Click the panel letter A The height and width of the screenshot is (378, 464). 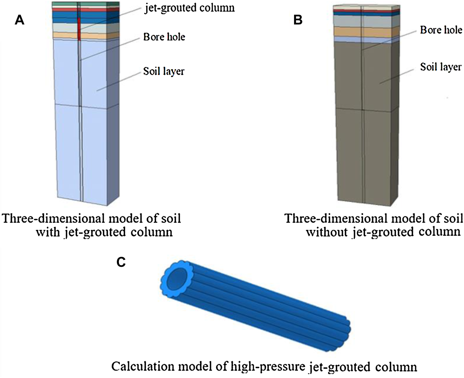pos(20,20)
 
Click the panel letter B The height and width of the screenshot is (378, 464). pos(298,20)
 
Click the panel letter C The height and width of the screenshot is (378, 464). pos(121,262)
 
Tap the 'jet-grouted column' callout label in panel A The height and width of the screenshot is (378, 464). pos(189,8)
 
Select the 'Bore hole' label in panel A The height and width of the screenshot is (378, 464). pos(164,37)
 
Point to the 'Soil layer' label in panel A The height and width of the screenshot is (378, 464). pos(163,71)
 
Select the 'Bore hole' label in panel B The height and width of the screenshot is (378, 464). pos(441,30)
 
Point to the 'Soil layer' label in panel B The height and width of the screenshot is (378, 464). pos(441,67)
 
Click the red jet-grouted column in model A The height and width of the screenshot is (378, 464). pos(79,29)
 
